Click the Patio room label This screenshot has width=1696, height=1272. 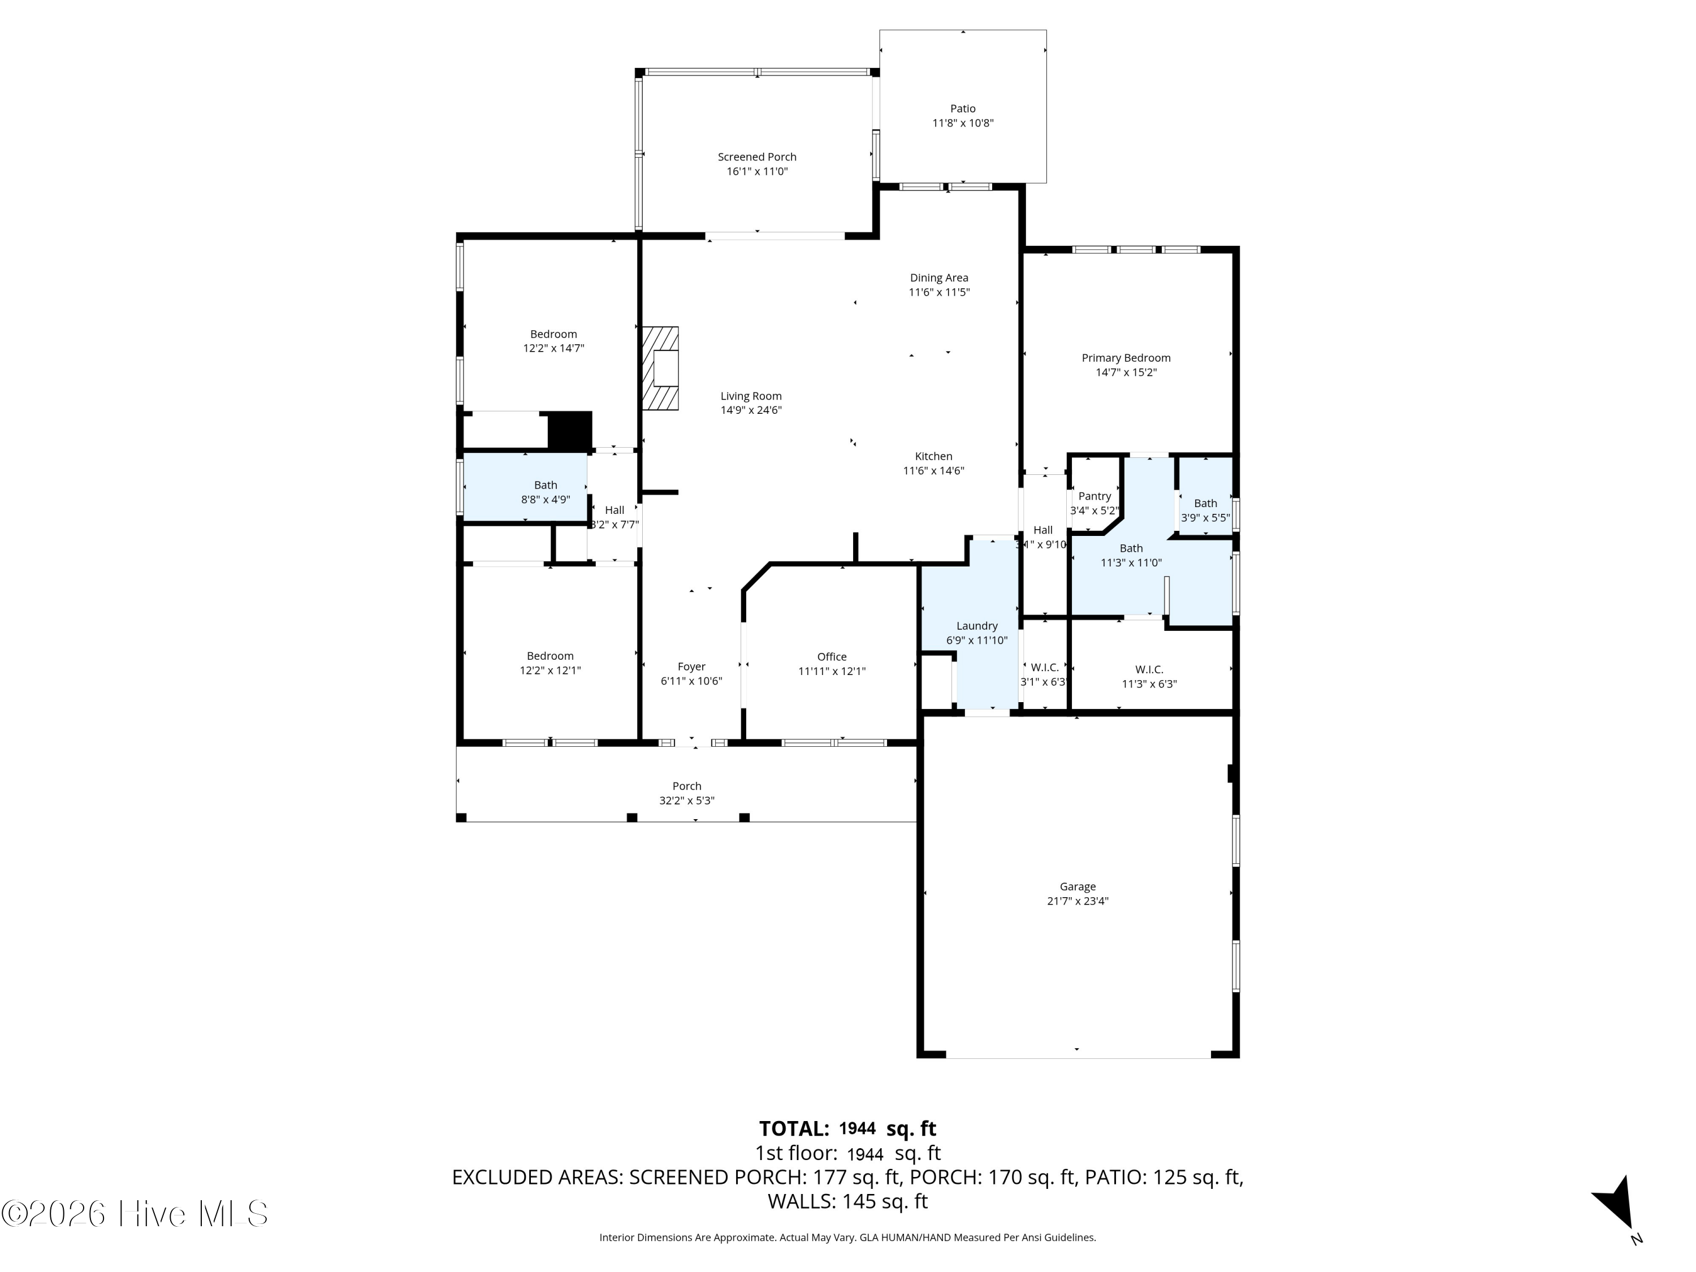pyautogui.click(x=963, y=109)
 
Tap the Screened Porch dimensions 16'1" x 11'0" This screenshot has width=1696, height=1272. pyautogui.click(x=758, y=171)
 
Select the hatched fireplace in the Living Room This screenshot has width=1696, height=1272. pyautogui.click(x=660, y=369)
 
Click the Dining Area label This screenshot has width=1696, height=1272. pyautogui.click(x=939, y=278)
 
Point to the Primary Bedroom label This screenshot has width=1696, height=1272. pyautogui.click(x=1126, y=358)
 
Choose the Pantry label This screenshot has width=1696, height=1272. pyautogui.click(x=1095, y=496)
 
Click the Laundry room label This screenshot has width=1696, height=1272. pyautogui.click(x=977, y=626)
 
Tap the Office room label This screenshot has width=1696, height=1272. pyautogui.click(x=832, y=657)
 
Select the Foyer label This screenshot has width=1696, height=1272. pyautogui.click(x=691, y=667)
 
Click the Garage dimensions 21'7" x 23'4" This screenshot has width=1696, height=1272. pyautogui.click(x=1078, y=901)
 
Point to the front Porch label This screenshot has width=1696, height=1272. pyautogui.click(x=687, y=786)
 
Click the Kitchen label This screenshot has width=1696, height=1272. pyautogui.click(x=934, y=456)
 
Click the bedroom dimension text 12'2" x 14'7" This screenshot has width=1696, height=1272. pyautogui.click(x=553, y=348)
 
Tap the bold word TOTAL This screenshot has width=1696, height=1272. pyautogui.click(x=794, y=1128)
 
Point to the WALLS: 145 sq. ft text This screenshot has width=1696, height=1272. pyautogui.click(x=848, y=1201)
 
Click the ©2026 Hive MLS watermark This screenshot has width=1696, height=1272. pyautogui.click(x=135, y=1214)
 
